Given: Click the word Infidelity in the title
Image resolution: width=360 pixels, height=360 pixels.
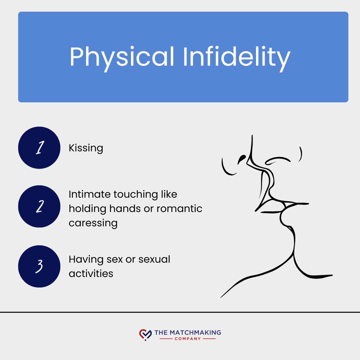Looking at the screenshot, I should pyautogui.click(x=236, y=57).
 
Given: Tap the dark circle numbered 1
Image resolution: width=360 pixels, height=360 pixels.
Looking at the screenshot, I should pyautogui.click(x=39, y=148).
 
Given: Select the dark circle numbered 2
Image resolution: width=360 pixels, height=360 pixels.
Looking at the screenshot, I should pyautogui.click(x=39, y=207).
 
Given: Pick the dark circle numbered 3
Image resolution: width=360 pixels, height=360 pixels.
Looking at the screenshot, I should pyautogui.click(x=39, y=266).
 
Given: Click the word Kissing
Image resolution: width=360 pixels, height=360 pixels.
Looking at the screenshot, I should pyautogui.click(x=86, y=148).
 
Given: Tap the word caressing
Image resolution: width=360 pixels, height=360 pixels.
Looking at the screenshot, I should pyautogui.click(x=93, y=223).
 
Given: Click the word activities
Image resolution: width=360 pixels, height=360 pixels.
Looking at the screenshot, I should pyautogui.click(x=91, y=274).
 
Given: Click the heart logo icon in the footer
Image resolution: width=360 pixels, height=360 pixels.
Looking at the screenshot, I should pyautogui.click(x=145, y=334).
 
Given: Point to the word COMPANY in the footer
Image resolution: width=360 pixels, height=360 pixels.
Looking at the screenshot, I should pyautogui.click(x=188, y=339).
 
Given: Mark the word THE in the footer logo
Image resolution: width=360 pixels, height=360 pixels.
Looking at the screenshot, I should pyautogui.click(x=161, y=332).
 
